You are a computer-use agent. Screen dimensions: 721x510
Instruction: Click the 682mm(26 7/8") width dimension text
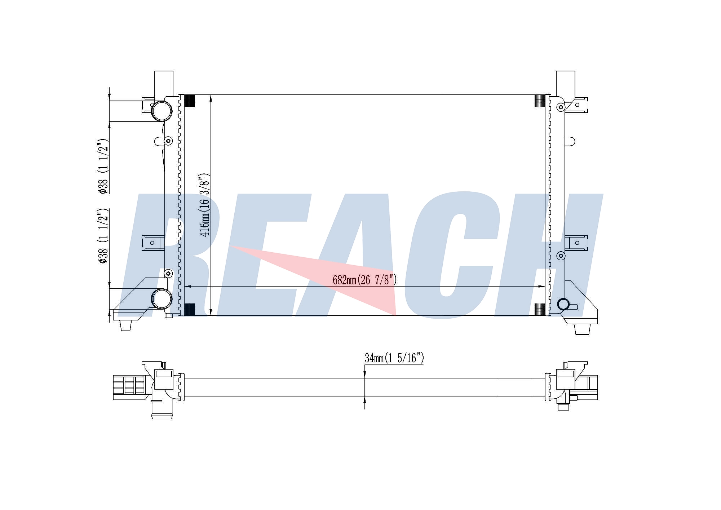(364, 280)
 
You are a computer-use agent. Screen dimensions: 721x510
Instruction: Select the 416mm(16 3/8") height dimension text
(205, 205)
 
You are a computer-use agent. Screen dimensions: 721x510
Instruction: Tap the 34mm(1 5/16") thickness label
(394, 358)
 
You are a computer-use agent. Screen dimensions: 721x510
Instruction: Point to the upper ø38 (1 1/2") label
(103, 165)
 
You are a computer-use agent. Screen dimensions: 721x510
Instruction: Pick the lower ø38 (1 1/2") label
(103, 235)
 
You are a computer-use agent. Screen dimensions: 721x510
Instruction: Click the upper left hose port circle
(162, 111)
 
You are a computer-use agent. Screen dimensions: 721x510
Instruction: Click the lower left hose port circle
(162, 299)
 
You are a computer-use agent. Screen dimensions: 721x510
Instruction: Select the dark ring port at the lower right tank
(563, 305)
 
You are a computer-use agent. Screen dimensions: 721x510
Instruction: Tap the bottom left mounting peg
(125, 325)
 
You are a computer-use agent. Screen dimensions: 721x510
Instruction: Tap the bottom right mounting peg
(582, 329)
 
